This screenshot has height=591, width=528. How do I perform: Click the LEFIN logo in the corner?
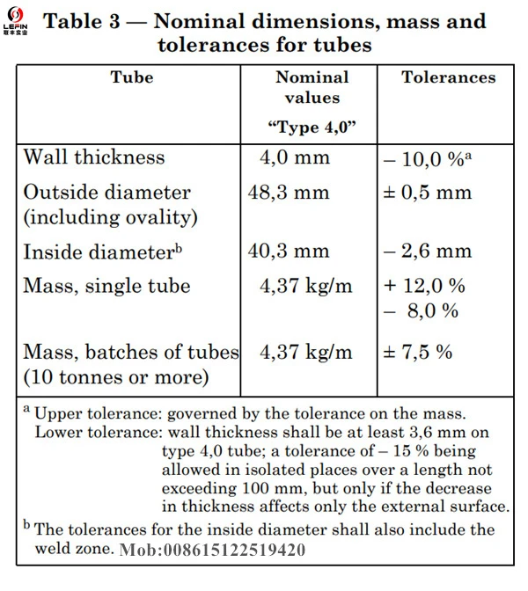pyautogui.click(x=16, y=21)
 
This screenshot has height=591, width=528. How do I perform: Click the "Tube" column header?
pyautogui.click(x=132, y=77)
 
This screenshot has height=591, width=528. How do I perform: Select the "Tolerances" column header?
pyautogui.click(x=449, y=77)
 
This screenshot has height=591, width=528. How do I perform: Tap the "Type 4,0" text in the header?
pyautogui.click(x=312, y=128)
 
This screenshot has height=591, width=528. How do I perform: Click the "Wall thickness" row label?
pyautogui.click(x=94, y=157)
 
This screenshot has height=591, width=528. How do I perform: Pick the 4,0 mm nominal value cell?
pyautogui.click(x=295, y=157)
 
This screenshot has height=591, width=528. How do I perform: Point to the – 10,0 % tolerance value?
pyautogui.click(x=428, y=159)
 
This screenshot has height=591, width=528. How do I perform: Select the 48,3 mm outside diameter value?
pyautogui.click(x=289, y=193)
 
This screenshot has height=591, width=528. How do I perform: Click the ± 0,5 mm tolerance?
pyautogui.click(x=428, y=193)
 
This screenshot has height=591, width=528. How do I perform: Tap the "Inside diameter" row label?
pyautogui.click(x=103, y=252)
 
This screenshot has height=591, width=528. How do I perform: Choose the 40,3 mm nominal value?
pyautogui.click(x=289, y=251)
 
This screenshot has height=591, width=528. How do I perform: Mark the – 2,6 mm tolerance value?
pyautogui.click(x=428, y=251)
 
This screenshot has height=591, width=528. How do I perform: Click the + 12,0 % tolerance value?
pyautogui.click(x=425, y=285)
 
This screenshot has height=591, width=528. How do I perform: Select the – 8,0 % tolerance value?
pyautogui.click(x=422, y=311)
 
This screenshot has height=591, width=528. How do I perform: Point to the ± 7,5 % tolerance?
pyautogui.click(x=418, y=352)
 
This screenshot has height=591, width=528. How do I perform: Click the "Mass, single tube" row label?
pyautogui.click(x=106, y=286)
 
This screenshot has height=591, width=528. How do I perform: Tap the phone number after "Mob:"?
pyautogui.click(x=234, y=550)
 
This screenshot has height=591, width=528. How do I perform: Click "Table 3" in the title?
pyautogui.click(x=82, y=21)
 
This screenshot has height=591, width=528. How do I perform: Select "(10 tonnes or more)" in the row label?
pyautogui.click(x=116, y=377)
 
